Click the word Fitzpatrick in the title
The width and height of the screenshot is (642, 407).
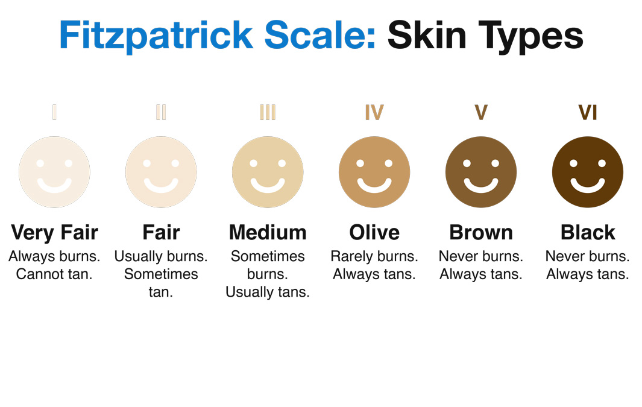[156, 36]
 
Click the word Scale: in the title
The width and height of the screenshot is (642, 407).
[319, 35]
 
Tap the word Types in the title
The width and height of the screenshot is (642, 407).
[530, 37]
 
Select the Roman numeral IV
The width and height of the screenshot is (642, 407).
[374, 112]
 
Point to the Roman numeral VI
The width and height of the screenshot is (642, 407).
[588, 112]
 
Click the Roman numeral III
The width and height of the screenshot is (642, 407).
[268, 112]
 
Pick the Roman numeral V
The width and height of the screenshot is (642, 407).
[481, 112]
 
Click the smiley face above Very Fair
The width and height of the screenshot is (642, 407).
[54, 172]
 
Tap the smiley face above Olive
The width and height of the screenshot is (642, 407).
[374, 172]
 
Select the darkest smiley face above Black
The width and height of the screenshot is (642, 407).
[588, 172]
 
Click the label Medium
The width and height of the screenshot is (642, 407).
[268, 233]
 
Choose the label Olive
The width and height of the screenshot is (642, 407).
[374, 233]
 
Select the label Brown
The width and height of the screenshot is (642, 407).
[481, 233]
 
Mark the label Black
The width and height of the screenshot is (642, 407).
[588, 233]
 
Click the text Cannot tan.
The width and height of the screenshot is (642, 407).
[54, 274]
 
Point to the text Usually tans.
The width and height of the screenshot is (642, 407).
[268, 292]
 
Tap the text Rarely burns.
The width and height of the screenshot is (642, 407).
[374, 256]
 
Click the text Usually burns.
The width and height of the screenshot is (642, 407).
[161, 256]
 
